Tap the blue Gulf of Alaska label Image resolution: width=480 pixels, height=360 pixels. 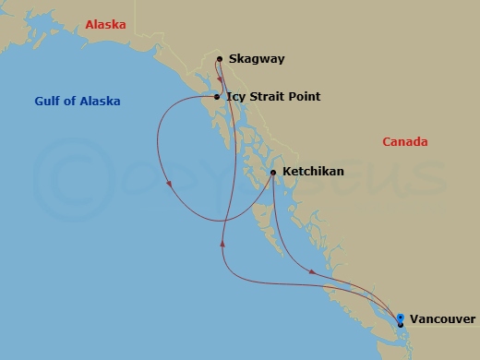79,101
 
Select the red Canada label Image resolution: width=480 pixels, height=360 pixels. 404,141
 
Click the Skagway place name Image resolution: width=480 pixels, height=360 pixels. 258,59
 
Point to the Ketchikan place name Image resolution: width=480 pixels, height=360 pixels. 313,172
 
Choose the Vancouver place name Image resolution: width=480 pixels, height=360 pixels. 442,319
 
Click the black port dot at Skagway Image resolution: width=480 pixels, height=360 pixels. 220,59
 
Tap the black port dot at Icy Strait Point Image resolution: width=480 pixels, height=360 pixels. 216,97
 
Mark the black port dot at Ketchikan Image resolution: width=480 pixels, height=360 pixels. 273,172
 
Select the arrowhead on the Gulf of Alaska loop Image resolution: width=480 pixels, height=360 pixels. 170,184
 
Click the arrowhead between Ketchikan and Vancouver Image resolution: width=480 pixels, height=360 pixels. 314,271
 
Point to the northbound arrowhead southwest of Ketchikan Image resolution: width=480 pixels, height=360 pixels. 222,241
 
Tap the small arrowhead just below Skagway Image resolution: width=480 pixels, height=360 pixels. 220,78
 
